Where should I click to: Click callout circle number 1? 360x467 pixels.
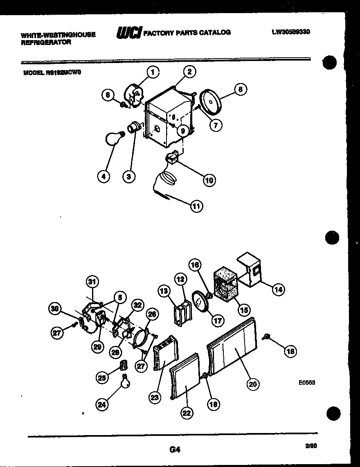(152, 72)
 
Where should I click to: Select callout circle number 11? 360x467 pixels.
(197, 206)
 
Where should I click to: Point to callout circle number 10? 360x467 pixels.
(209, 180)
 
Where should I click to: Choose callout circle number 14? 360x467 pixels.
(278, 289)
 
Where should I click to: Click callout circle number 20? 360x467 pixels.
(254, 384)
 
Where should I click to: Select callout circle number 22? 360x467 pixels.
(187, 413)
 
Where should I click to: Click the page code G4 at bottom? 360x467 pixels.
(175, 449)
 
